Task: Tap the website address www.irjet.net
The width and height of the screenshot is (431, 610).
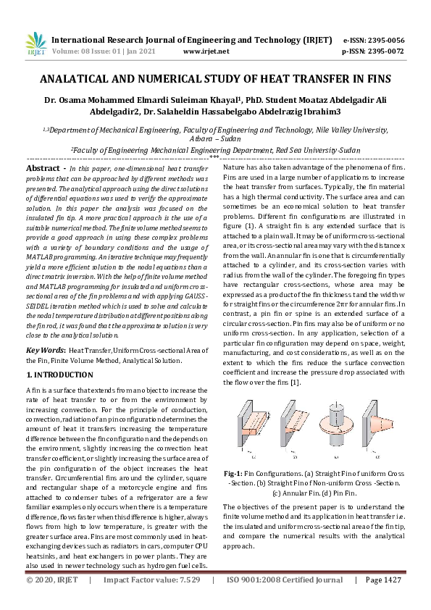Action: click(206, 51)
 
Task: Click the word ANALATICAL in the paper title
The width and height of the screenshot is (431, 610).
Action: click(75, 79)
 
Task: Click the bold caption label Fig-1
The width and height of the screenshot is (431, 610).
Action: click(233, 453)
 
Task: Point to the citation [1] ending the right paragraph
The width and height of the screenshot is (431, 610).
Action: click(295, 382)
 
